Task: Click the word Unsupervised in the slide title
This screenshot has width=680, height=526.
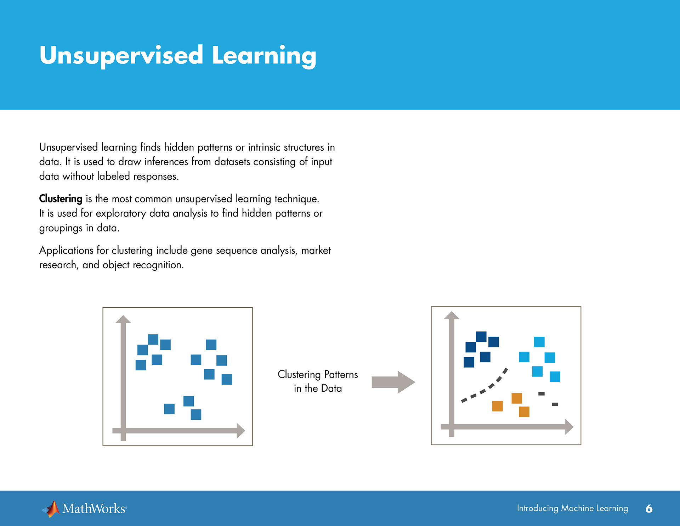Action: click(x=121, y=55)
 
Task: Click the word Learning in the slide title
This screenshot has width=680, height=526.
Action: click(x=264, y=56)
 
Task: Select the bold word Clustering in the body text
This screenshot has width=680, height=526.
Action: click(x=61, y=199)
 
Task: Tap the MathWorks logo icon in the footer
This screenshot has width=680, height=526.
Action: click(x=51, y=509)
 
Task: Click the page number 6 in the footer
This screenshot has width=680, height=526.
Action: click(x=649, y=509)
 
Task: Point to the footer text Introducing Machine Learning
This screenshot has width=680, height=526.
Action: click(x=572, y=508)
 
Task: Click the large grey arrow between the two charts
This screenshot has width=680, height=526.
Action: click(x=393, y=382)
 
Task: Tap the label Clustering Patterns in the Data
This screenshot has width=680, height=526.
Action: click(x=318, y=381)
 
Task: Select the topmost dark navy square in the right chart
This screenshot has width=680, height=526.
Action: click(x=481, y=336)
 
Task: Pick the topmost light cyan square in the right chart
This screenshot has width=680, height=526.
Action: click(x=539, y=342)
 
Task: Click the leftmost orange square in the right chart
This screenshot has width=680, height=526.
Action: click(x=498, y=406)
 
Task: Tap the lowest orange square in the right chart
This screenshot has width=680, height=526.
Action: click(x=524, y=412)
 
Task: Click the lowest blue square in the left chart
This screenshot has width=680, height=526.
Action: click(x=196, y=414)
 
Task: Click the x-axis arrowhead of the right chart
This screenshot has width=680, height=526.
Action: click(x=569, y=427)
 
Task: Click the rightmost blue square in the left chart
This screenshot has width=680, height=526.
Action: click(x=227, y=379)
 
